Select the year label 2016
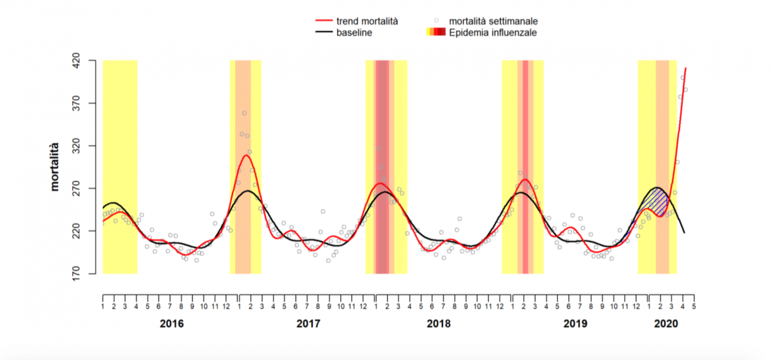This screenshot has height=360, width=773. pyautogui.click(x=171, y=323)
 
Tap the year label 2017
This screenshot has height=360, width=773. pyautogui.click(x=308, y=323)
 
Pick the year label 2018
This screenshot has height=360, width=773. pyautogui.click(x=439, y=323)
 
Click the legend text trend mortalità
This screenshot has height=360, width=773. pyautogui.click(x=367, y=21)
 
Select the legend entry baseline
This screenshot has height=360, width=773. pyautogui.click(x=354, y=32)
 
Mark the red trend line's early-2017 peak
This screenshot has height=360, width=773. pyautogui.click(x=246, y=155)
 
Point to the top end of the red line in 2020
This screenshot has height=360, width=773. pyautogui.click(x=686, y=68)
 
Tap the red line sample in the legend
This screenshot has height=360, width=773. pyautogui.click(x=321, y=21)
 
